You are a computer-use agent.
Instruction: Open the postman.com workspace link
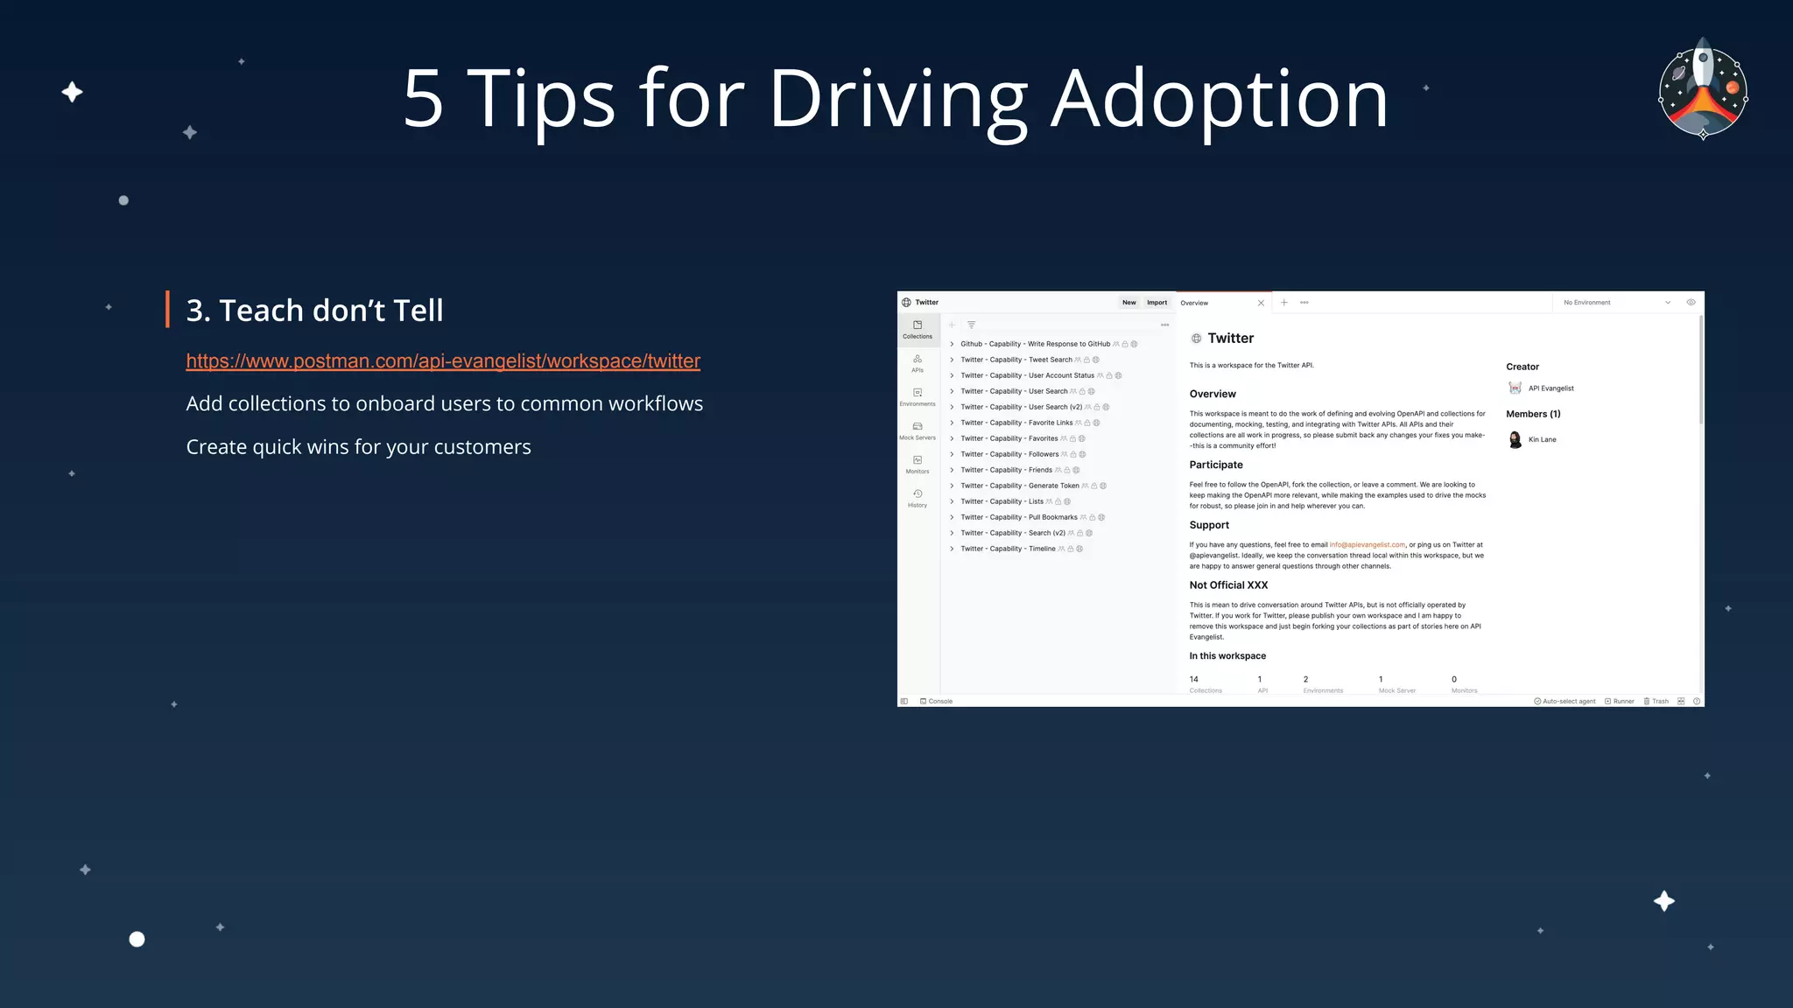click(443, 361)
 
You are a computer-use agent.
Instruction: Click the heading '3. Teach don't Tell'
click(314, 311)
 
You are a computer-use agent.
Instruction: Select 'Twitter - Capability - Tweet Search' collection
click(1016, 360)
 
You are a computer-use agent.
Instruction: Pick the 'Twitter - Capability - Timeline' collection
click(1008, 549)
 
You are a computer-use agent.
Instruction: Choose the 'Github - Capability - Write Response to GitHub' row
click(1035, 344)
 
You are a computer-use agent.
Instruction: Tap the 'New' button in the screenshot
click(1129, 303)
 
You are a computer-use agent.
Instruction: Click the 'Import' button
click(1157, 303)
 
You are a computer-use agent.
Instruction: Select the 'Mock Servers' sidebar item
click(918, 430)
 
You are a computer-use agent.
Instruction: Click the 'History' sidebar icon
click(918, 498)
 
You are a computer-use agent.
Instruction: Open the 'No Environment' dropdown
click(1616, 303)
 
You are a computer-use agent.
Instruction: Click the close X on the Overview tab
click(1261, 303)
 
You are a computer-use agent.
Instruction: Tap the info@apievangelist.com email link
click(1367, 545)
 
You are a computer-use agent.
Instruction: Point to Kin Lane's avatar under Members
click(1515, 439)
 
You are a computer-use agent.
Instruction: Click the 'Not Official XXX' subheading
click(1228, 585)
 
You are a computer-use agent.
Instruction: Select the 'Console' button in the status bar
click(937, 701)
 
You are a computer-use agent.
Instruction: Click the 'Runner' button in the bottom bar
click(1620, 701)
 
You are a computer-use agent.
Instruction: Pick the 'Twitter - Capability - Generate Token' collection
click(1019, 486)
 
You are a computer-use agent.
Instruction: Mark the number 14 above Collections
click(1194, 679)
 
